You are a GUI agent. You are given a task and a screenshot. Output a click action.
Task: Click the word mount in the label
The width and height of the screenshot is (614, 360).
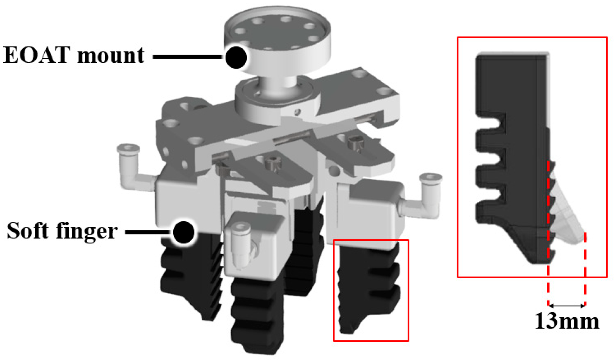[x=111, y=56]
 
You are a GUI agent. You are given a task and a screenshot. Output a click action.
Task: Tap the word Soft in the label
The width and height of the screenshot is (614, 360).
[x=27, y=230]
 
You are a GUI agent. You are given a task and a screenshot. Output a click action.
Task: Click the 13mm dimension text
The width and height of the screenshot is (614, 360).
[x=567, y=321]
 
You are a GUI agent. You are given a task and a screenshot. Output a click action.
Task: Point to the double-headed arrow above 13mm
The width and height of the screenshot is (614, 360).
[x=567, y=306]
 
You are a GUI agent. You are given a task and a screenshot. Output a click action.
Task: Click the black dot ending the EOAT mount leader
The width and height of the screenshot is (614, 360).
[x=236, y=57]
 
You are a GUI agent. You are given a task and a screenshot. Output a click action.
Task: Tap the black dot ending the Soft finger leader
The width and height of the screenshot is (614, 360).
[x=183, y=232]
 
